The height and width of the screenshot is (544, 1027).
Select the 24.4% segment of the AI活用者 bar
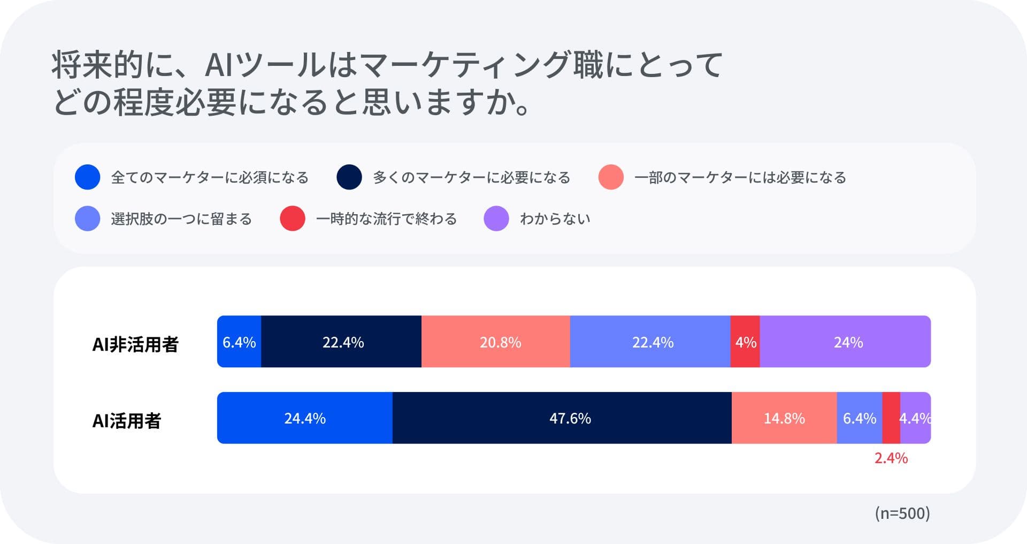tap(305, 418)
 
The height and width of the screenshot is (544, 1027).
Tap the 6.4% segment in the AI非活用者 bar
tap(239, 342)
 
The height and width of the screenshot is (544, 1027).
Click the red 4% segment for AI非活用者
tap(745, 342)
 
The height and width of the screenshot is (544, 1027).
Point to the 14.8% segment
tap(784, 418)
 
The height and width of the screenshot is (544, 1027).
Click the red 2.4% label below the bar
tap(891, 458)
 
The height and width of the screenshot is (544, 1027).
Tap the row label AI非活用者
tap(135, 344)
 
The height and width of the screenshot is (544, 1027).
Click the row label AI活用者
tap(127, 421)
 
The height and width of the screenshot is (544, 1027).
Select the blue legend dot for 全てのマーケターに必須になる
tap(88, 177)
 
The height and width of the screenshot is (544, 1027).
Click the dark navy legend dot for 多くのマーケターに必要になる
tap(349, 177)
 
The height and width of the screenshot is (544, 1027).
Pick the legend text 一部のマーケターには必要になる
tap(740, 177)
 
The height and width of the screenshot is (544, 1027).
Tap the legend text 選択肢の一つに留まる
tap(181, 219)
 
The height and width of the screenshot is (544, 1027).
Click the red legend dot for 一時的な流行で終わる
tap(293, 218)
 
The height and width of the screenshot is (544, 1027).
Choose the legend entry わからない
tap(555, 219)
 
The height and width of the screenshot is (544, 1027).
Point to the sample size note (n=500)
tap(902, 513)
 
